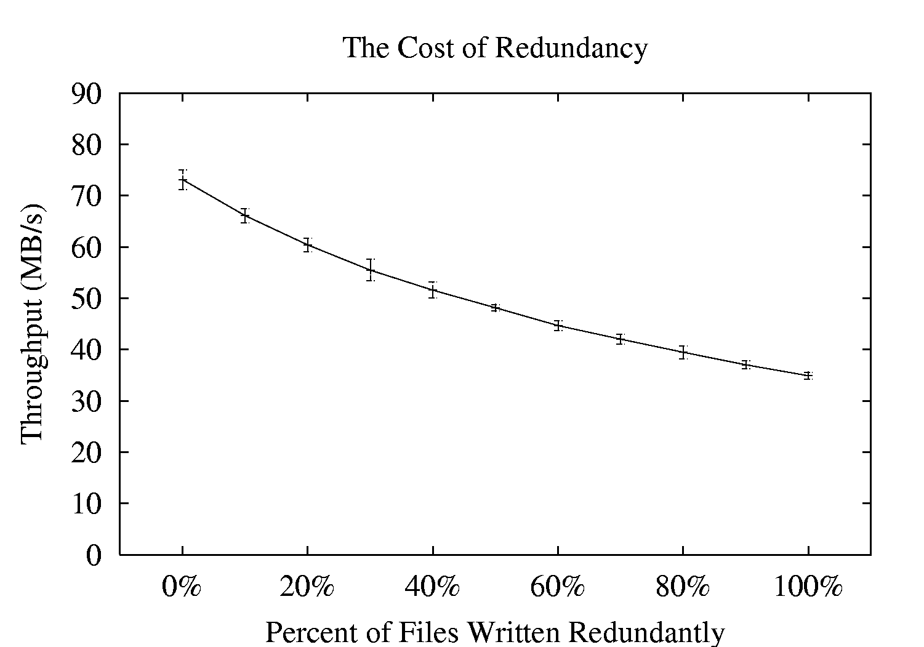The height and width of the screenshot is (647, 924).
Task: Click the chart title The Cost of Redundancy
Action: (495, 48)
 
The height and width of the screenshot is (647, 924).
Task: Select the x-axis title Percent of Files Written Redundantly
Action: (495, 632)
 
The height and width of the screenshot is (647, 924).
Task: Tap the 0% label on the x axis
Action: (182, 587)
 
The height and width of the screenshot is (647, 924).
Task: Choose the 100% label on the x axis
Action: (808, 587)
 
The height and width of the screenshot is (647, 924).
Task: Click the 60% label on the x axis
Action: (558, 587)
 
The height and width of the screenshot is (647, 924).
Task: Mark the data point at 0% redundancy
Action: (182, 180)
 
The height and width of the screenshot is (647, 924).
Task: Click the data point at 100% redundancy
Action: (808, 375)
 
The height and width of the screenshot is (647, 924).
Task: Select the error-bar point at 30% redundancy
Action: (370, 270)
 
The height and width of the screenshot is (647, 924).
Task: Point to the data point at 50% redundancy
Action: (495, 307)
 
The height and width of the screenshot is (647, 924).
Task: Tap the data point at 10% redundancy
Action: (244, 215)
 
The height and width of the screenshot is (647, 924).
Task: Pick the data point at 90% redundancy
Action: (745, 364)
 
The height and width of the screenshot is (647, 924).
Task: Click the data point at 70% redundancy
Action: (620, 339)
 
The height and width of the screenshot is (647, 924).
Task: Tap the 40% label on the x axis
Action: (433, 587)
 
